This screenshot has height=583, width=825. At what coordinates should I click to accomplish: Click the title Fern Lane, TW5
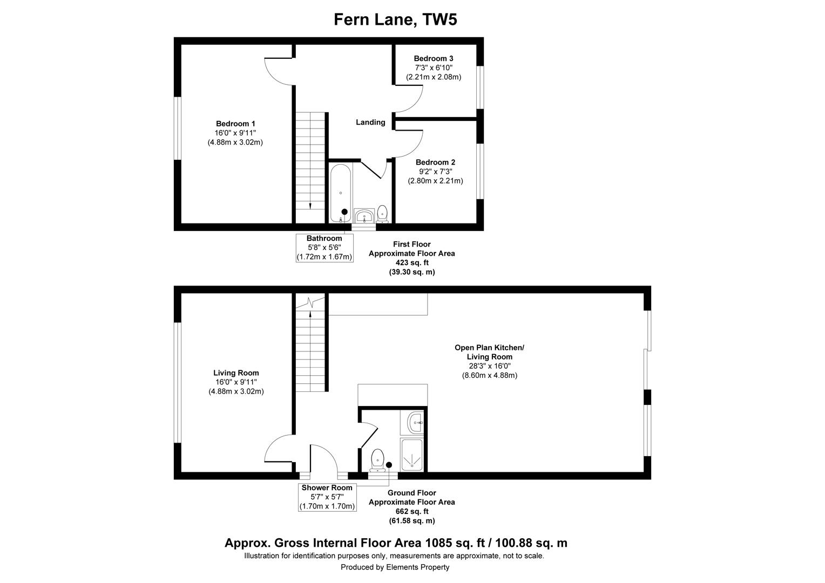coord(395,19)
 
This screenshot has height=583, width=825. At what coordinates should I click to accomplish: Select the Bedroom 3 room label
coord(433,58)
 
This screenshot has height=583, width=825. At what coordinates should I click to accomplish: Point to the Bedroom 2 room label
coord(435,162)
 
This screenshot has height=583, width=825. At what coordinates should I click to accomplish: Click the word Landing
coord(370,123)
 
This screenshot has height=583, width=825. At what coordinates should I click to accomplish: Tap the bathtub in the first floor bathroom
coord(341,193)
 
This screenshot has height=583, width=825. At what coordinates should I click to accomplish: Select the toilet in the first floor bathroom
coord(382,213)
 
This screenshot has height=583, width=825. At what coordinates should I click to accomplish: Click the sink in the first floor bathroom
coord(364,216)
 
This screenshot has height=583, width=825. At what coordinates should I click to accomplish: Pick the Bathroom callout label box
coord(324,248)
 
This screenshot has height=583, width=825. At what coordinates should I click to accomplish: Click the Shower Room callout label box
coord(327,497)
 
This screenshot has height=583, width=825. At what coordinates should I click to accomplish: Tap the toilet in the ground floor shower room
coord(377,459)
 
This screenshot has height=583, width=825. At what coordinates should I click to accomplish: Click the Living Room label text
coord(236,373)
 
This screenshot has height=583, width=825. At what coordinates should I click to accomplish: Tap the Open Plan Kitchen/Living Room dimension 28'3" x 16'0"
coord(489,366)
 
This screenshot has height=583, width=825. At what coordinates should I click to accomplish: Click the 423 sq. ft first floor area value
coord(411,263)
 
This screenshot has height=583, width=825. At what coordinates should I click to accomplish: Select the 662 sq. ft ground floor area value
coord(411,512)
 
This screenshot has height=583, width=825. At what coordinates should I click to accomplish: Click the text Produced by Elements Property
coord(395,567)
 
